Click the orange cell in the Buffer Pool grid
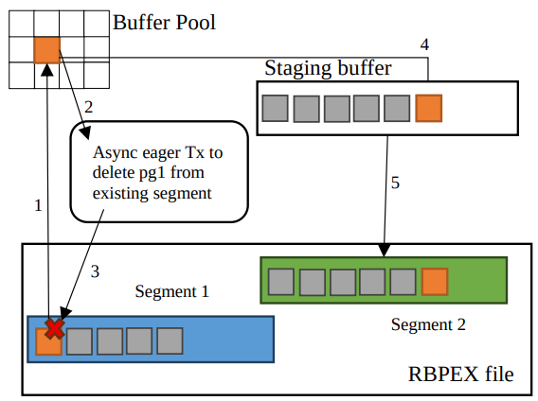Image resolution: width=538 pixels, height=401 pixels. coord(46,49)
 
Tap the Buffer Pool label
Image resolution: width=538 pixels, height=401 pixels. coord(165,21)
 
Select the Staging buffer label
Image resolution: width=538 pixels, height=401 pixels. coord(327,68)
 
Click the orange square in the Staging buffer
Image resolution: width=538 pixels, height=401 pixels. coord(428,109)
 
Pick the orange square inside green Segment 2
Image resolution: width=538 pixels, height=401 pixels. coord(435,281)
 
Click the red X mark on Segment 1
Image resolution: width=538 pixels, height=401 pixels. coord(55,328)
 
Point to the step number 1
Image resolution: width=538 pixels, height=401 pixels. coord(38,204)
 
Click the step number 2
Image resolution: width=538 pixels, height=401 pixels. coord(88,107)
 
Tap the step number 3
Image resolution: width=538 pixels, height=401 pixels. coord(95,271)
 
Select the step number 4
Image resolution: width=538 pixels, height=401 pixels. coord(423,44)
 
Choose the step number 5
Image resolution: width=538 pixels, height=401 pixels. coord(395,183)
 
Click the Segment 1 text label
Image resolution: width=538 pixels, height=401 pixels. coord(172,291)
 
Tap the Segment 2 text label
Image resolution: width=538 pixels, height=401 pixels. coord(428,324)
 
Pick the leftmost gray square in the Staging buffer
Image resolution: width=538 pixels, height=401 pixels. coord(275,109)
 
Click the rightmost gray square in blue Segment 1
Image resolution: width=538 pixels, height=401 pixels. coord(170,340)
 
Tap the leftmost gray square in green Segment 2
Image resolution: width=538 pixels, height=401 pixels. coord(280,281)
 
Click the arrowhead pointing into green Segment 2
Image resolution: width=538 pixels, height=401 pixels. coord(383,252)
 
